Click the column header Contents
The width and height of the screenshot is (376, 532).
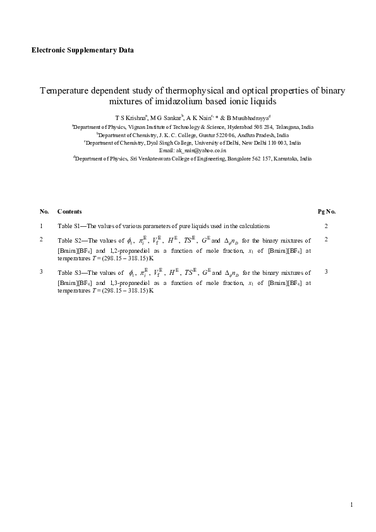point(69,211)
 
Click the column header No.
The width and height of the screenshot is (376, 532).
point(44,211)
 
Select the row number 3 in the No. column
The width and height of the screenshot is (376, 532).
point(42,272)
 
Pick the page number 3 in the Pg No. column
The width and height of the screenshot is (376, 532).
point(326,272)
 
